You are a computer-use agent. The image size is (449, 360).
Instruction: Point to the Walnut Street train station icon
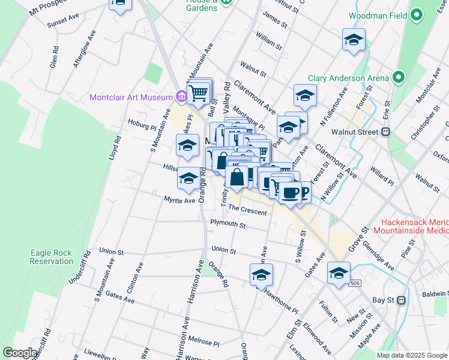[x=387, y=132]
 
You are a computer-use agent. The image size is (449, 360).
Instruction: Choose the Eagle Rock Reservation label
[x=52, y=257]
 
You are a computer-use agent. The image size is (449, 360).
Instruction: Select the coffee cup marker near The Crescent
[x=291, y=193]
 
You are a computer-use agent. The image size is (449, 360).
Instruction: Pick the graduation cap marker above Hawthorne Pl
[x=261, y=274]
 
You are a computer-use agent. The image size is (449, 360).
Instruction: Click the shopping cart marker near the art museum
[x=197, y=93]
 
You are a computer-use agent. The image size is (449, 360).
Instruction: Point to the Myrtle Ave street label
[x=179, y=200]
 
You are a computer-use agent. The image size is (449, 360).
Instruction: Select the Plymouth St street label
[x=228, y=224]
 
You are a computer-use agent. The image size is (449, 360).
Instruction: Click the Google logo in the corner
[x=20, y=352]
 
